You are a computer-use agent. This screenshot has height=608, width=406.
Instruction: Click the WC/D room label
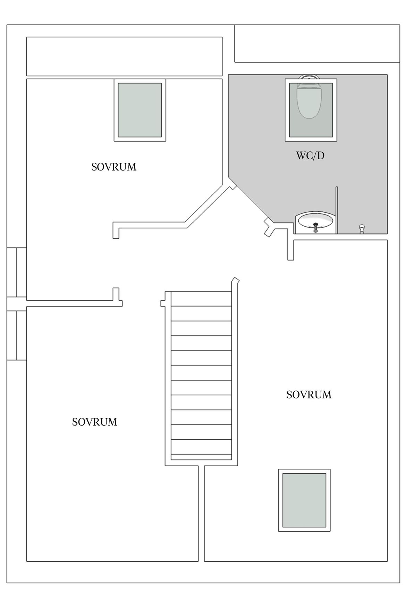310,156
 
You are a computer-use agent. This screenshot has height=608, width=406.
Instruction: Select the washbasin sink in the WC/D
315,222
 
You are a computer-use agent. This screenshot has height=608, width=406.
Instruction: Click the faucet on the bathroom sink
315,227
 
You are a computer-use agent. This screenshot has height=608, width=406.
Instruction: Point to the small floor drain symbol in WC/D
362,228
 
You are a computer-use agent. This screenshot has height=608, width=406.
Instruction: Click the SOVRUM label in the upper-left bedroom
114,167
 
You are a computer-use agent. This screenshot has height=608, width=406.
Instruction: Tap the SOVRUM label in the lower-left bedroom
95,422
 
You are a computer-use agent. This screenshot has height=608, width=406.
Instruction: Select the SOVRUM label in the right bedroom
309,395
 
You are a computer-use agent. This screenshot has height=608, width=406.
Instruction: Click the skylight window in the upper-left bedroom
140,110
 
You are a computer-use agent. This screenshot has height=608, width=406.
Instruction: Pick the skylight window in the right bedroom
304,500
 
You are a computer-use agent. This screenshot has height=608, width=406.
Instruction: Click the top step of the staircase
201,299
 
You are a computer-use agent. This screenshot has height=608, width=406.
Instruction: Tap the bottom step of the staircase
201,457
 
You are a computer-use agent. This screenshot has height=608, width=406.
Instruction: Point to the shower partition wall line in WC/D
337,210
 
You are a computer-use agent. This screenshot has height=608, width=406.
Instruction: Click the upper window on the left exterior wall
17,272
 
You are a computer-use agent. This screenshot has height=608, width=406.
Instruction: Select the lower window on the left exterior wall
17,335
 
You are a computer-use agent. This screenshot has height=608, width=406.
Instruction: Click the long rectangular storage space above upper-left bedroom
125,56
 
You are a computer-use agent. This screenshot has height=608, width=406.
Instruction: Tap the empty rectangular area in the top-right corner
317,44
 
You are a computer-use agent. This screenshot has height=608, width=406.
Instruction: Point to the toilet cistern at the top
310,78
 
